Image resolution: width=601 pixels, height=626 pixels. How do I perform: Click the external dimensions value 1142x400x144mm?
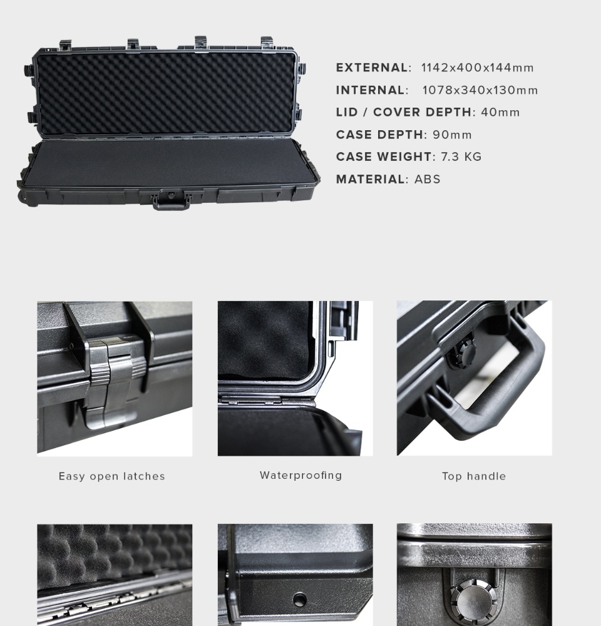pyautogui.click(x=478, y=68)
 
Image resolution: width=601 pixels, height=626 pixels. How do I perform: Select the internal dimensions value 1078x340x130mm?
pyautogui.click(x=480, y=90)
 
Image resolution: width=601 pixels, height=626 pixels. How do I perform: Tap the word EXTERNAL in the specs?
pyautogui.click(x=371, y=68)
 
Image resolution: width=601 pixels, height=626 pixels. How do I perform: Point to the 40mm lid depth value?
pyautogui.click(x=500, y=112)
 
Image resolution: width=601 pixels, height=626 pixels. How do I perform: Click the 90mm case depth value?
pyautogui.click(x=452, y=135)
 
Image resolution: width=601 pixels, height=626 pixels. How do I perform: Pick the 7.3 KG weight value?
pyautogui.click(x=461, y=157)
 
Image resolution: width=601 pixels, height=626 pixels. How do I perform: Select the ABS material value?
pyautogui.click(x=428, y=179)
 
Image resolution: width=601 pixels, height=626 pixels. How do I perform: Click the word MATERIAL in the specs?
pyautogui.click(x=370, y=179)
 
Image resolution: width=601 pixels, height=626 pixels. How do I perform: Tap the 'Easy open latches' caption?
pyautogui.click(x=112, y=476)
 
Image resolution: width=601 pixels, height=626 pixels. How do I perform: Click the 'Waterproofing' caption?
pyautogui.click(x=300, y=476)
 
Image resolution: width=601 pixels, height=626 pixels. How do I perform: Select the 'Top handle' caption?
pyautogui.click(x=474, y=476)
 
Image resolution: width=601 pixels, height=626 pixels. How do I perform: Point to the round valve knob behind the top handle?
pyautogui.click(x=462, y=353)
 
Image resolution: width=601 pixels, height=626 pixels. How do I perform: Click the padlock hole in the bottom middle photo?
pyautogui.click(x=299, y=599)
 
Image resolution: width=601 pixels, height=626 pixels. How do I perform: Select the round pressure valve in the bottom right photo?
pyautogui.click(x=475, y=600)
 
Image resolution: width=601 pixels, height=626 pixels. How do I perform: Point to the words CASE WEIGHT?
pyautogui.click(x=384, y=157)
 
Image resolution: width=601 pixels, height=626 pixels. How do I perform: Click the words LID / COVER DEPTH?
pyautogui.click(x=404, y=112)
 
